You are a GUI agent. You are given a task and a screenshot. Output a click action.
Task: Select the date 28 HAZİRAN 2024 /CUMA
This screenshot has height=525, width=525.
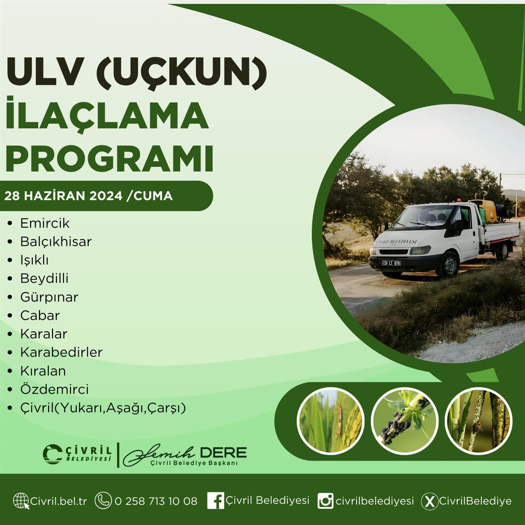point(88,196)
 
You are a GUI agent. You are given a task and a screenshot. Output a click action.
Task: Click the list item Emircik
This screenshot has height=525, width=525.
point(45,223)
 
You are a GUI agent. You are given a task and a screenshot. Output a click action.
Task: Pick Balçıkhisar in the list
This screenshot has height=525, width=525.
point(56,241)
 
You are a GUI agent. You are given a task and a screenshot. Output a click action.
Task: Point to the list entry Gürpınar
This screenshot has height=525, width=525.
point(49,297)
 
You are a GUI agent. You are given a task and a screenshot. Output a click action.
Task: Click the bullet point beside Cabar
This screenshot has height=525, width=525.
point(10,316)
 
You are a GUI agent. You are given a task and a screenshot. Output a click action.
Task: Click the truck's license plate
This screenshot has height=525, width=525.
point(391,263)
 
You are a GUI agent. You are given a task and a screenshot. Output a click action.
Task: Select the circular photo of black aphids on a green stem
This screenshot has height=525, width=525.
point(405,422)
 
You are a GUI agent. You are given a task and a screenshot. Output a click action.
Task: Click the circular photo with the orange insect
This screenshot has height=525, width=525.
point(331,422)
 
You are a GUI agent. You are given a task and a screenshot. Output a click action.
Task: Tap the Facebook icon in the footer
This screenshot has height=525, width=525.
point(216,500)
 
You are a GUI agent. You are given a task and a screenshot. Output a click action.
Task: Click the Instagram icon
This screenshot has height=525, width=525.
point(325,501)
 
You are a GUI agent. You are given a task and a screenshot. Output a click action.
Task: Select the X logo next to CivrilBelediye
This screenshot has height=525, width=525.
point(429,501)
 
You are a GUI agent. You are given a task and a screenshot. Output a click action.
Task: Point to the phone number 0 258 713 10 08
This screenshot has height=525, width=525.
point(156,501)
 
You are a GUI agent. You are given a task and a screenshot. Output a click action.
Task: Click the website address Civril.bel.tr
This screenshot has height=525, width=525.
point(59,501)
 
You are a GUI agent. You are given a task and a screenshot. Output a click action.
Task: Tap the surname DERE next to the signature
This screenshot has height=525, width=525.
point(223,452)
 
